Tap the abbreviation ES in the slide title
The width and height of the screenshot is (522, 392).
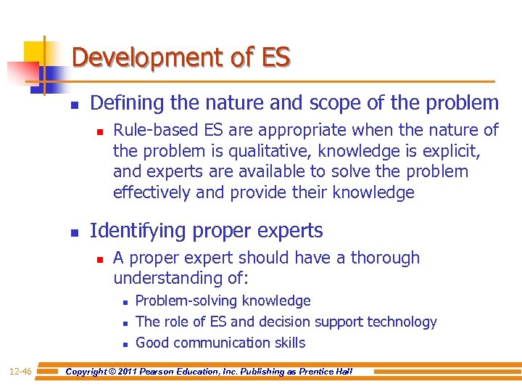(276, 57)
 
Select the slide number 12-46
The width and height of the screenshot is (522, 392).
(20, 372)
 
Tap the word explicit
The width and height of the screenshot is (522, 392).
(453, 151)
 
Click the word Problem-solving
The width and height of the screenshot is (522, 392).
(187, 301)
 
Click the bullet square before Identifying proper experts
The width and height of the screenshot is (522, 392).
(74, 232)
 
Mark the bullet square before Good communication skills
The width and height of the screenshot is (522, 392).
(125, 343)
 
